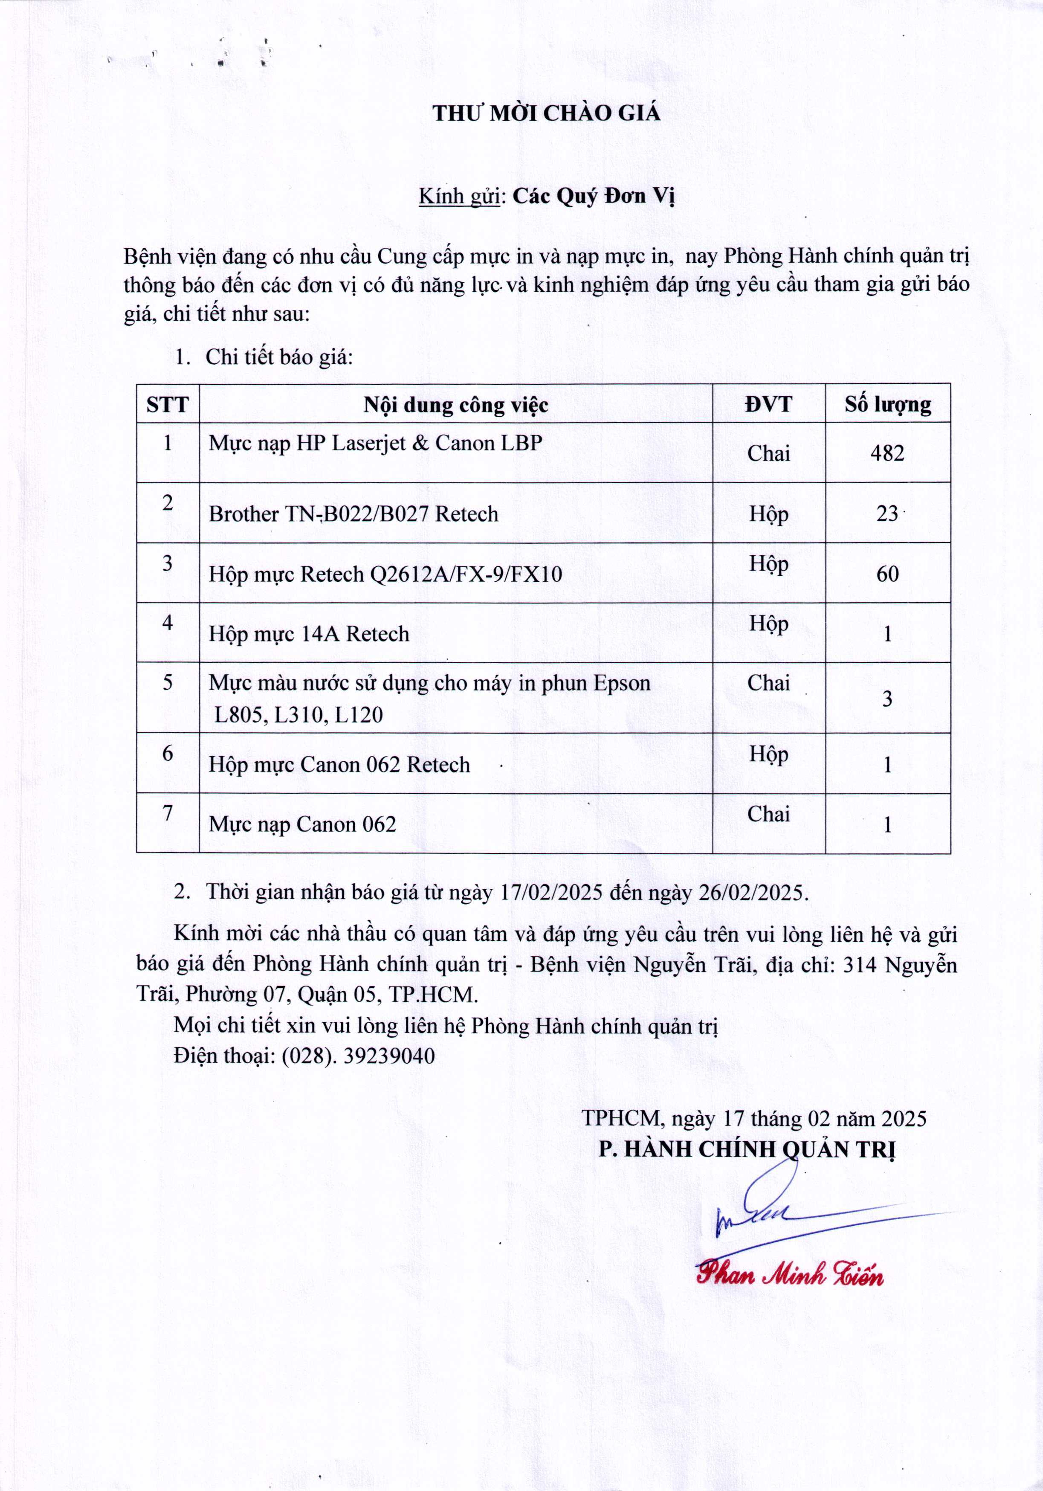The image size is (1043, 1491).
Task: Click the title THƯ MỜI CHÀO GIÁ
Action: coord(546,113)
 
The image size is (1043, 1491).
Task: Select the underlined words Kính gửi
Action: coord(458,196)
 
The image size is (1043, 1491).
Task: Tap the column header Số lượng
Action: coord(887,405)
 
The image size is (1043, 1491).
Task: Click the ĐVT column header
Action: coord(768,405)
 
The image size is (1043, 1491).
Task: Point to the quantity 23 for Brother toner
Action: coord(887,513)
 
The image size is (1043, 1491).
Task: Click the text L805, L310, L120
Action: coord(299,715)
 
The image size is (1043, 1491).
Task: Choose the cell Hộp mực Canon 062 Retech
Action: coord(339,765)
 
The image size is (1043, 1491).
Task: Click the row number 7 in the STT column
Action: coord(168,812)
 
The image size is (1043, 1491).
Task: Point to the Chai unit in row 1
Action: coord(768,453)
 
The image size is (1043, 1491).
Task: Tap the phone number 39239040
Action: coord(389,1056)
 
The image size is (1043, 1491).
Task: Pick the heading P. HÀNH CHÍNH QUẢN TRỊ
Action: coord(747,1149)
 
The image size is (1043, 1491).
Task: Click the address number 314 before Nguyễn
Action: coord(860,965)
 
